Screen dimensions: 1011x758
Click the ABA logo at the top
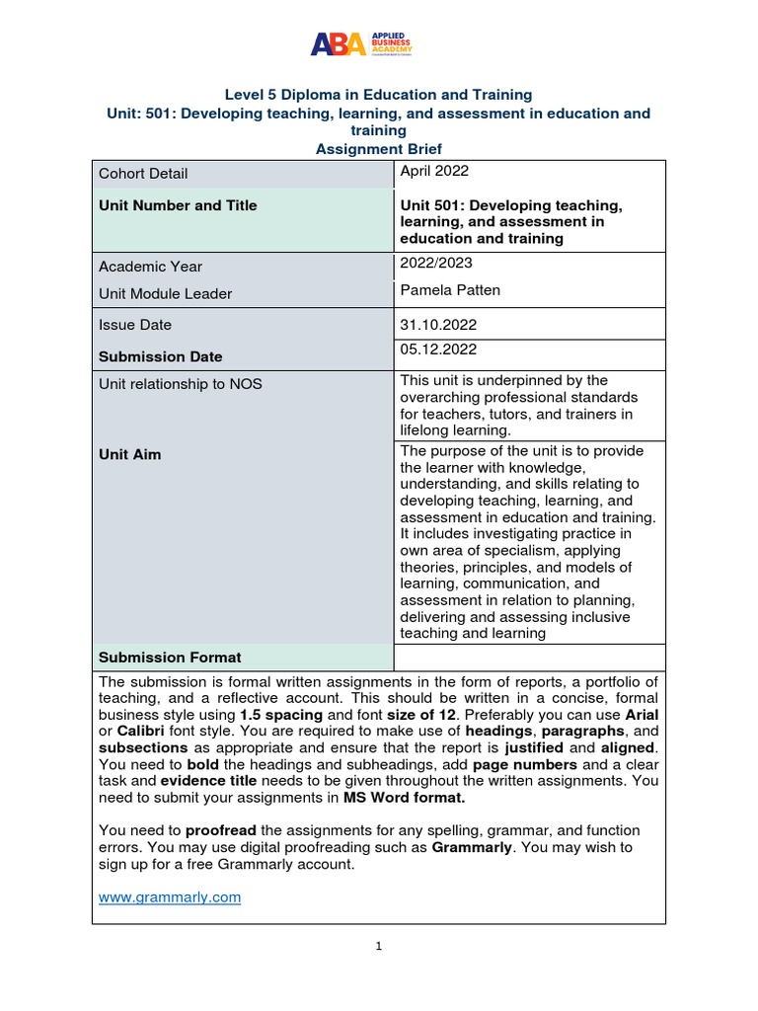click(x=361, y=43)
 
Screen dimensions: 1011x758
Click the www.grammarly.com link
click(x=171, y=896)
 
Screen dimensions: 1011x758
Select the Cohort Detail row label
click(x=143, y=174)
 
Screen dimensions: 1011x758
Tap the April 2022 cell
click(x=434, y=171)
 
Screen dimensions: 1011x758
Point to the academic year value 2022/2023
click(x=435, y=263)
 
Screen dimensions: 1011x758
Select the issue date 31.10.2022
click(x=437, y=324)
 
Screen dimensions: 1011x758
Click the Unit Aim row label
click(x=129, y=454)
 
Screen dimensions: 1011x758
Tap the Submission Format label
click(x=170, y=658)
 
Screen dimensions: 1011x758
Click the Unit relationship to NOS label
click(x=181, y=384)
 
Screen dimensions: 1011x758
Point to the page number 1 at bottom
click(x=379, y=946)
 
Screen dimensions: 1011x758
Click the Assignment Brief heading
click(x=378, y=148)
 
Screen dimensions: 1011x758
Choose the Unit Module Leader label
click(x=166, y=294)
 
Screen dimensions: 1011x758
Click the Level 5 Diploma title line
click(x=378, y=95)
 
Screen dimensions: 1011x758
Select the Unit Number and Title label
click(x=178, y=205)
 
